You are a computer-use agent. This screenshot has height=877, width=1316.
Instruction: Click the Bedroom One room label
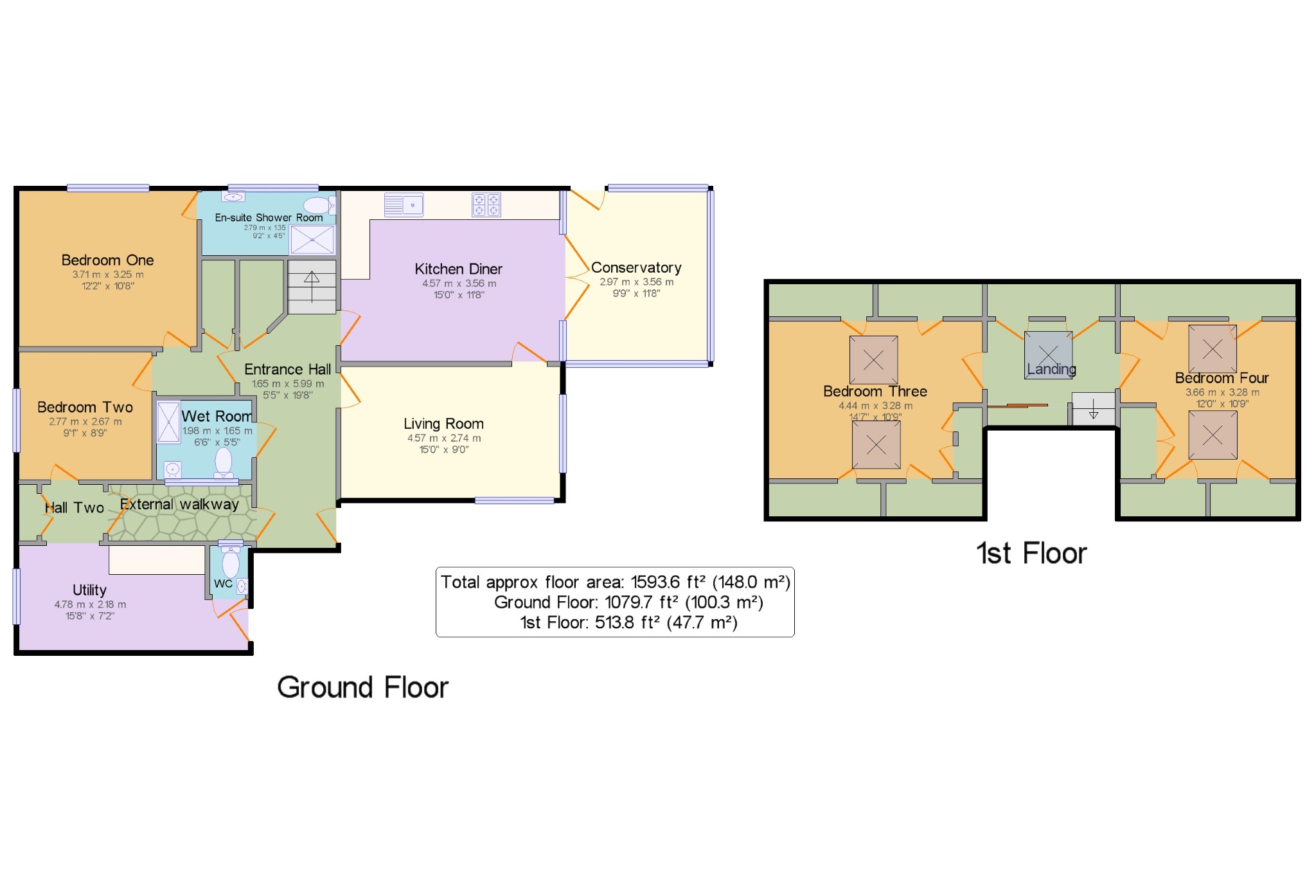coord(107,260)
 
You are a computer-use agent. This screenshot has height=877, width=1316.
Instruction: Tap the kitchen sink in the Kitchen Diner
coord(404,204)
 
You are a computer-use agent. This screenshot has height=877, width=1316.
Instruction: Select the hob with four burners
coord(486,204)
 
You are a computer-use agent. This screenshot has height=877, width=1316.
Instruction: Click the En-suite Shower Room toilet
coord(319,205)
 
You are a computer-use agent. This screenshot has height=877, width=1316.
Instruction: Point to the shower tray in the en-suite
coord(312,240)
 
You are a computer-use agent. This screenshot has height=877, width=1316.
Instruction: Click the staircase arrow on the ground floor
coord(312,287)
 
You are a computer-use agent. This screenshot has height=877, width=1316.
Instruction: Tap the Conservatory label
coord(636,267)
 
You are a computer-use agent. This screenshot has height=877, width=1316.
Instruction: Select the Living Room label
coord(443,424)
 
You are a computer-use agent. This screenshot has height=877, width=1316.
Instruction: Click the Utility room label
coord(89,590)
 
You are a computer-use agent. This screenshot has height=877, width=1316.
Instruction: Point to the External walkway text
coord(179,504)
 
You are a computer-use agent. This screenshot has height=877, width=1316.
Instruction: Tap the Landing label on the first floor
coord(1051,369)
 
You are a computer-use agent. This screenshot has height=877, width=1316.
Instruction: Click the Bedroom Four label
coord(1222,378)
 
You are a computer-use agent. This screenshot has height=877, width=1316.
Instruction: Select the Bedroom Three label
coord(875,392)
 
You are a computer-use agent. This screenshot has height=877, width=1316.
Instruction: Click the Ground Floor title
coord(363,687)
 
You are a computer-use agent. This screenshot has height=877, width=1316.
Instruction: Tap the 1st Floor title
coord(1032,554)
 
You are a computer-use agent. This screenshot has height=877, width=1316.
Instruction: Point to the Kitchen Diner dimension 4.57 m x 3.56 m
coord(459,284)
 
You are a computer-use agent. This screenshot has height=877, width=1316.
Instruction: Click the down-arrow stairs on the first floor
coord(1093,409)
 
